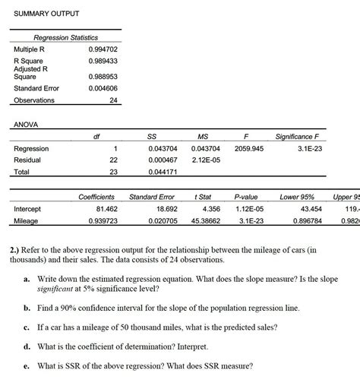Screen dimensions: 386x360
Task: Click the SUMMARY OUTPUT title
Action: click(x=46, y=14)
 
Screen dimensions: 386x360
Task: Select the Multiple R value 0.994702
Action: click(x=103, y=49)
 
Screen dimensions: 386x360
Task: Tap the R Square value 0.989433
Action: click(x=103, y=61)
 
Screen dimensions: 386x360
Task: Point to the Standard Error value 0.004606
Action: click(x=103, y=88)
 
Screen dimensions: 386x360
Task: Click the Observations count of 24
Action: click(x=113, y=100)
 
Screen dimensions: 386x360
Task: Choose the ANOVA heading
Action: click(x=26, y=124)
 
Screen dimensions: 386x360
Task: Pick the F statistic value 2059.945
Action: click(x=248, y=148)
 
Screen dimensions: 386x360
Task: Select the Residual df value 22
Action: click(x=113, y=160)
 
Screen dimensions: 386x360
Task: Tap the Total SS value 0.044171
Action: click(x=163, y=172)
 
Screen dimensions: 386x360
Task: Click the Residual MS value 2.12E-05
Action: click(x=206, y=160)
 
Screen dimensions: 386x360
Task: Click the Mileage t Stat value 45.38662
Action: click(x=204, y=220)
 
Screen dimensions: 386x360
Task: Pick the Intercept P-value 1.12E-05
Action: click(x=248, y=208)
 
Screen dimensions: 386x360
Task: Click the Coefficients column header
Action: click(x=96, y=197)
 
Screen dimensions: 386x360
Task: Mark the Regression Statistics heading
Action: click(x=66, y=37)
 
